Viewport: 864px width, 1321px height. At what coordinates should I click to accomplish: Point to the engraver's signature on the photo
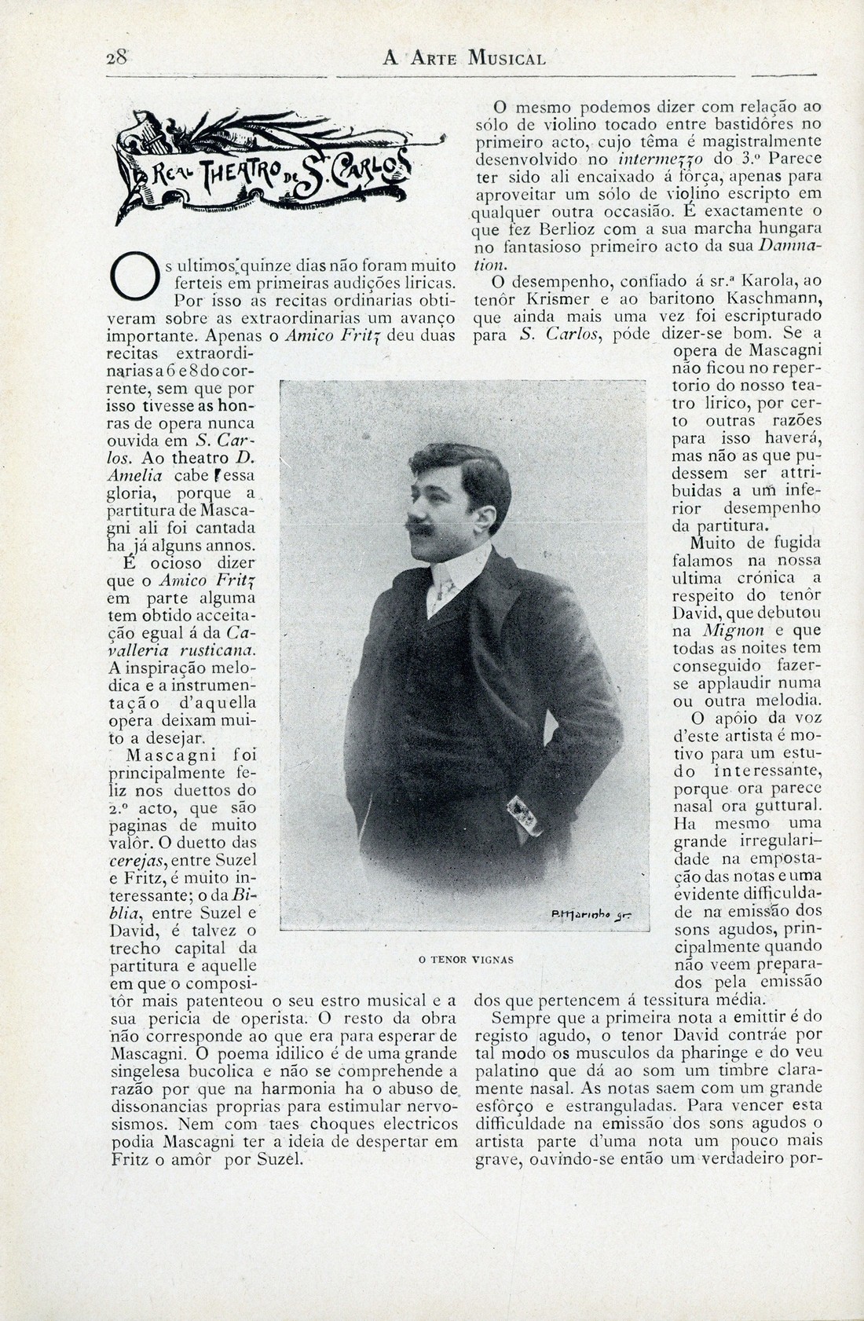598,914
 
